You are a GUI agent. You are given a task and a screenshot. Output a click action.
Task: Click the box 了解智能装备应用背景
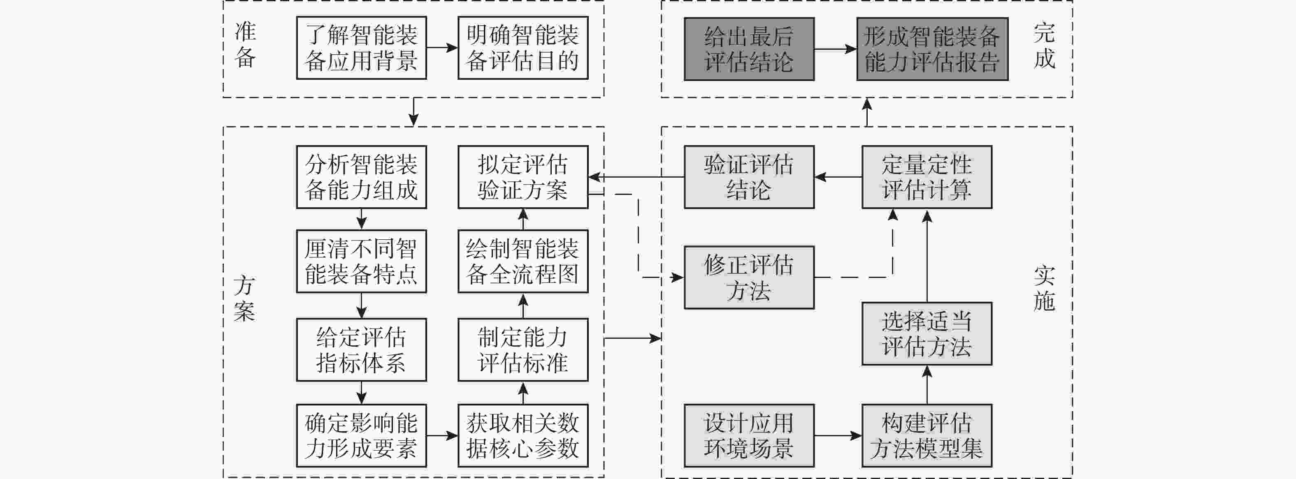361,48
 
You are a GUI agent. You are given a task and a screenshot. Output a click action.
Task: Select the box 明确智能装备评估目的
523,48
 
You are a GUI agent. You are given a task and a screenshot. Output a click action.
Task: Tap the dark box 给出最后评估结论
749,49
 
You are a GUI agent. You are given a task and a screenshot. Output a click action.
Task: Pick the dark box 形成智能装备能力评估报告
932,49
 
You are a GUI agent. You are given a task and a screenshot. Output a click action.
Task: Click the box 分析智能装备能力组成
361,177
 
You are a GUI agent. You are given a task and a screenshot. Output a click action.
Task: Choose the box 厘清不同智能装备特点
361,261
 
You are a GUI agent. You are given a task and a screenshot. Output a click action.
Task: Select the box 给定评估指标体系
361,349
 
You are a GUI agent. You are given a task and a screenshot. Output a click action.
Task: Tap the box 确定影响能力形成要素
361,435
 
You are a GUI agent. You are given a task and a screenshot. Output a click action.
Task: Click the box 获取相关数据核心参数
523,435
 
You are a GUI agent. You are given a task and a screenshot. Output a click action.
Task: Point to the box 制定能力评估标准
523,349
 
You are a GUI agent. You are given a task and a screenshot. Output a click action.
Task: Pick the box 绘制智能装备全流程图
523,261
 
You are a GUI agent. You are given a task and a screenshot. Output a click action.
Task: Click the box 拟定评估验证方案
523,177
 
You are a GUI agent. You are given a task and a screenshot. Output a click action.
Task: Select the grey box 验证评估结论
749,177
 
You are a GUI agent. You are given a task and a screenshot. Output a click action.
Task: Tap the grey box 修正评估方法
749,277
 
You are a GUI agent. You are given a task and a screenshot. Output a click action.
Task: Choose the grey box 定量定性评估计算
927,177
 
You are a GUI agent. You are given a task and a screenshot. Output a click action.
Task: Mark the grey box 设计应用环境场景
749,435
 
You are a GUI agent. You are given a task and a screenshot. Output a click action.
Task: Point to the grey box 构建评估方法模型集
927,435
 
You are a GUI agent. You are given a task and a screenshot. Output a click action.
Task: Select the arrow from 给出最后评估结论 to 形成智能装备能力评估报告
835,49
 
